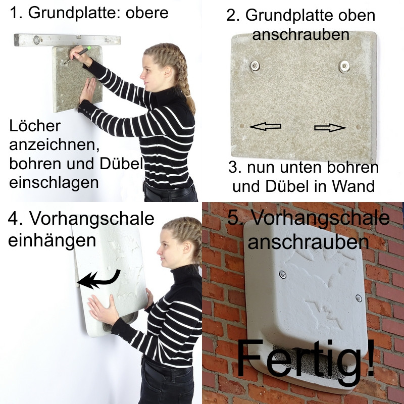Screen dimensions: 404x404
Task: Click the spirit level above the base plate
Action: pyautogui.click(x=67, y=40)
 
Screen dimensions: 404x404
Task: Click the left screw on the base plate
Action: pyautogui.click(x=255, y=66)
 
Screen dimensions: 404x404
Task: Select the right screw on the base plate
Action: pyautogui.click(x=344, y=66)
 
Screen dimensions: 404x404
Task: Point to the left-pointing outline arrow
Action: pyautogui.click(x=265, y=126)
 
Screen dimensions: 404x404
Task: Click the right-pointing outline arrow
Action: pyautogui.click(x=330, y=128)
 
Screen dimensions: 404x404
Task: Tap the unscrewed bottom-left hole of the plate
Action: pyautogui.click(x=242, y=126)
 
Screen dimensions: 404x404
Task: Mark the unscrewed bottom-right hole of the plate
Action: pyautogui.click(x=359, y=127)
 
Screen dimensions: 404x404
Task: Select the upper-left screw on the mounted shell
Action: pyautogui.click(x=283, y=274)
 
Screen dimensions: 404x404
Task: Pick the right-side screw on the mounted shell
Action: pyautogui.click(x=359, y=298)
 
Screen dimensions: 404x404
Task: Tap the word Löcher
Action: pyautogui.click(x=35, y=125)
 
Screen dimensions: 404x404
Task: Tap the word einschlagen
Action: pyautogui.click(x=54, y=183)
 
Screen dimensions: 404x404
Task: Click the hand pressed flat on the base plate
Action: pyautogui.click(x=88, y=90)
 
